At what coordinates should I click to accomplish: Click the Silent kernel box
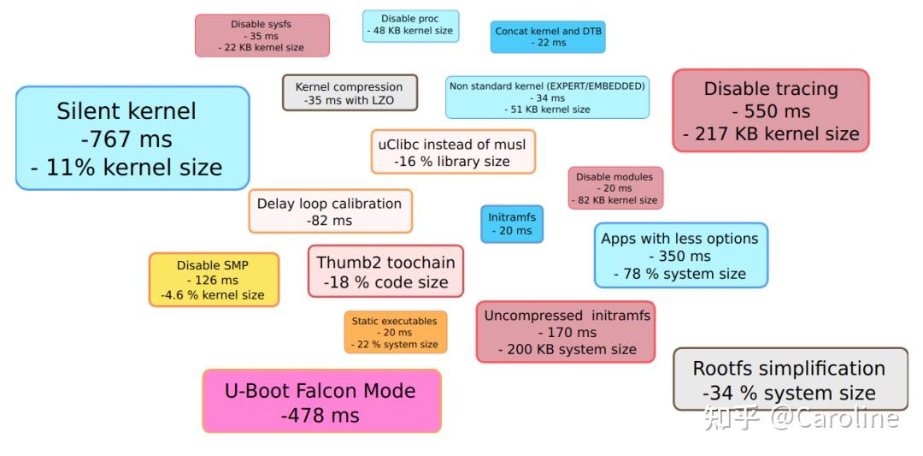pos(132,139)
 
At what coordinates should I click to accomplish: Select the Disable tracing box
pos(771,110)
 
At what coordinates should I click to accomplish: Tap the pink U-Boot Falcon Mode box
pos(321,401)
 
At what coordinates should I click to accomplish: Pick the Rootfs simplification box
pos(791,379)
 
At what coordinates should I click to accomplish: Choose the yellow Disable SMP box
pos(214,280)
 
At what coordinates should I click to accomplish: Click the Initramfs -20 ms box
pos(512,224)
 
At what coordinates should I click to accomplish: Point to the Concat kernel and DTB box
pos(548,37)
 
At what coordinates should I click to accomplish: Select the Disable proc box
pos(410,26)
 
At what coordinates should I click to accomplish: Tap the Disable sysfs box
pos(262,35)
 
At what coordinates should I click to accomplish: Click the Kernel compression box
pos(350,92)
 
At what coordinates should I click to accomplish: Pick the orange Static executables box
pos(395,332)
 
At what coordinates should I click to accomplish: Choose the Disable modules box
pos(615,188)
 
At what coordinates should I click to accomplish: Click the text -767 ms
pos(126,139)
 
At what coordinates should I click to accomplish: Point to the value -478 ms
pos(320,415)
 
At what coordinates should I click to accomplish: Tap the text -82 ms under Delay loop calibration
pos(329,221)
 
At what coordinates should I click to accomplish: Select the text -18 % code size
pos(385,282)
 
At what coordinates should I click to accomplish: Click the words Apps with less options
pos(679,239)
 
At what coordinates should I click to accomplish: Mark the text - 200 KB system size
pos(567,349)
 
